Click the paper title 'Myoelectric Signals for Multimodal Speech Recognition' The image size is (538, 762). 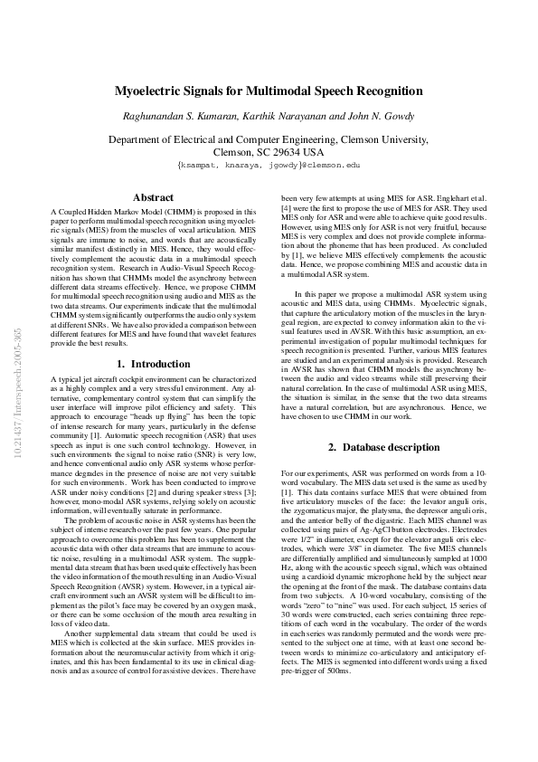click(x=269, y=91)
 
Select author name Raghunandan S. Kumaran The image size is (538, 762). click(x=177, y=116)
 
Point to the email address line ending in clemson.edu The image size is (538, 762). click(x=269, y=166)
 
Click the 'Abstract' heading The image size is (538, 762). click(x=153, y=196)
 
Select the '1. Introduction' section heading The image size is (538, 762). click(x=154, y=364)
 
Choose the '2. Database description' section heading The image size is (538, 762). click(x=384, y=446)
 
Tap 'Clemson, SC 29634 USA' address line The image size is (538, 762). click(x=269, y=152)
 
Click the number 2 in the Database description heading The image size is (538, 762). click(x=331, y=446)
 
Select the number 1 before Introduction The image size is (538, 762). click(x=120, y=364)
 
